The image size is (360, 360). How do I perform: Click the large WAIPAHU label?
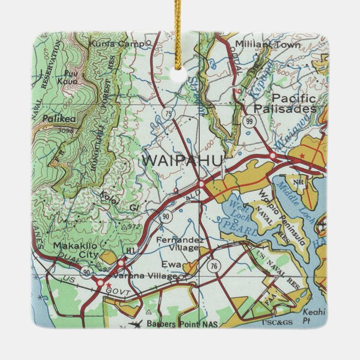tap(183, 160)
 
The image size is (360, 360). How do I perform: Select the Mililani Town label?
tap(268, 44)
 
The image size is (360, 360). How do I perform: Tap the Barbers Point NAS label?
tap(181, 324)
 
